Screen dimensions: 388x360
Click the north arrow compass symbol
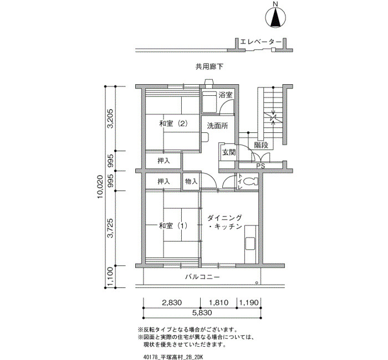point(275,18)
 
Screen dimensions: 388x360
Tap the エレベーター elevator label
point(261,42)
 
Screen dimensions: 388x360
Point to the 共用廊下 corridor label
point(210,66)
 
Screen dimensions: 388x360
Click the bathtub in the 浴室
point(210,102)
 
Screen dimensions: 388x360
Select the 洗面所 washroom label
point(217,126)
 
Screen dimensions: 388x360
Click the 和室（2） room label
point(173,124)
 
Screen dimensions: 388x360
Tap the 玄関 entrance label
point(229,152)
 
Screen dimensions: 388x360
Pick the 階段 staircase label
point(261,145)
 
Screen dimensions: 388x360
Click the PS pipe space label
point(261,166)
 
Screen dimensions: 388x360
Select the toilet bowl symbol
point(251,182)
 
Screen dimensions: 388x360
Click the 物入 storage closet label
point(191,182)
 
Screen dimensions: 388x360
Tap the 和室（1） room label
point(173,226)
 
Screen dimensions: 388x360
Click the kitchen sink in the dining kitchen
point(250,244)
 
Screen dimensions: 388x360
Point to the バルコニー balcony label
point(202,277)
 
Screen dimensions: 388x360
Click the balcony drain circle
point(257,283)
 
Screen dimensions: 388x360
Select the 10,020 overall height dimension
point(100,187)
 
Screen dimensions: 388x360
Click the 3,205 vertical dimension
point(110,119)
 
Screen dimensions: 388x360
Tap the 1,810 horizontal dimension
point(218,302)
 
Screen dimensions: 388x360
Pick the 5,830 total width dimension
point(202,313)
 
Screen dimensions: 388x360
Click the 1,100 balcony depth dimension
point(110,276)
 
